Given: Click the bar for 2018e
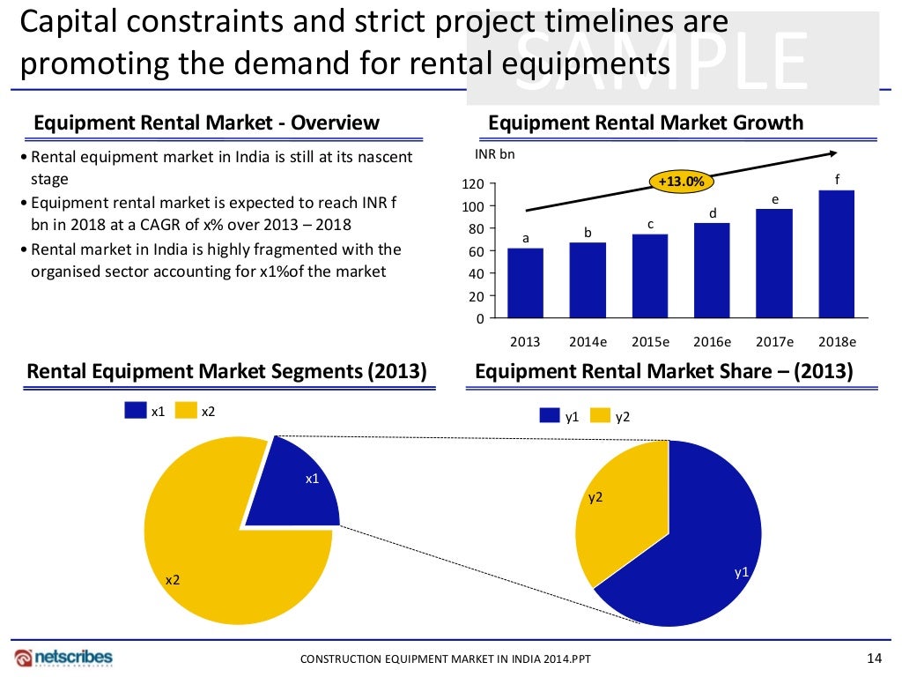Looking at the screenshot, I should tap(836, 254).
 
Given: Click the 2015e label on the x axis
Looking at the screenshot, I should tap(650, 341).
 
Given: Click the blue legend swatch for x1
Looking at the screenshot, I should tap(136, 411).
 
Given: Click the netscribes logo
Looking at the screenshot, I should tap(63, 658).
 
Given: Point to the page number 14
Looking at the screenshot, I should tap(874, 658).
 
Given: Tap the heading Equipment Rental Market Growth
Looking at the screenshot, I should tap(646, 123).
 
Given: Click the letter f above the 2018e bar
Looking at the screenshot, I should tap(838, 180).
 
